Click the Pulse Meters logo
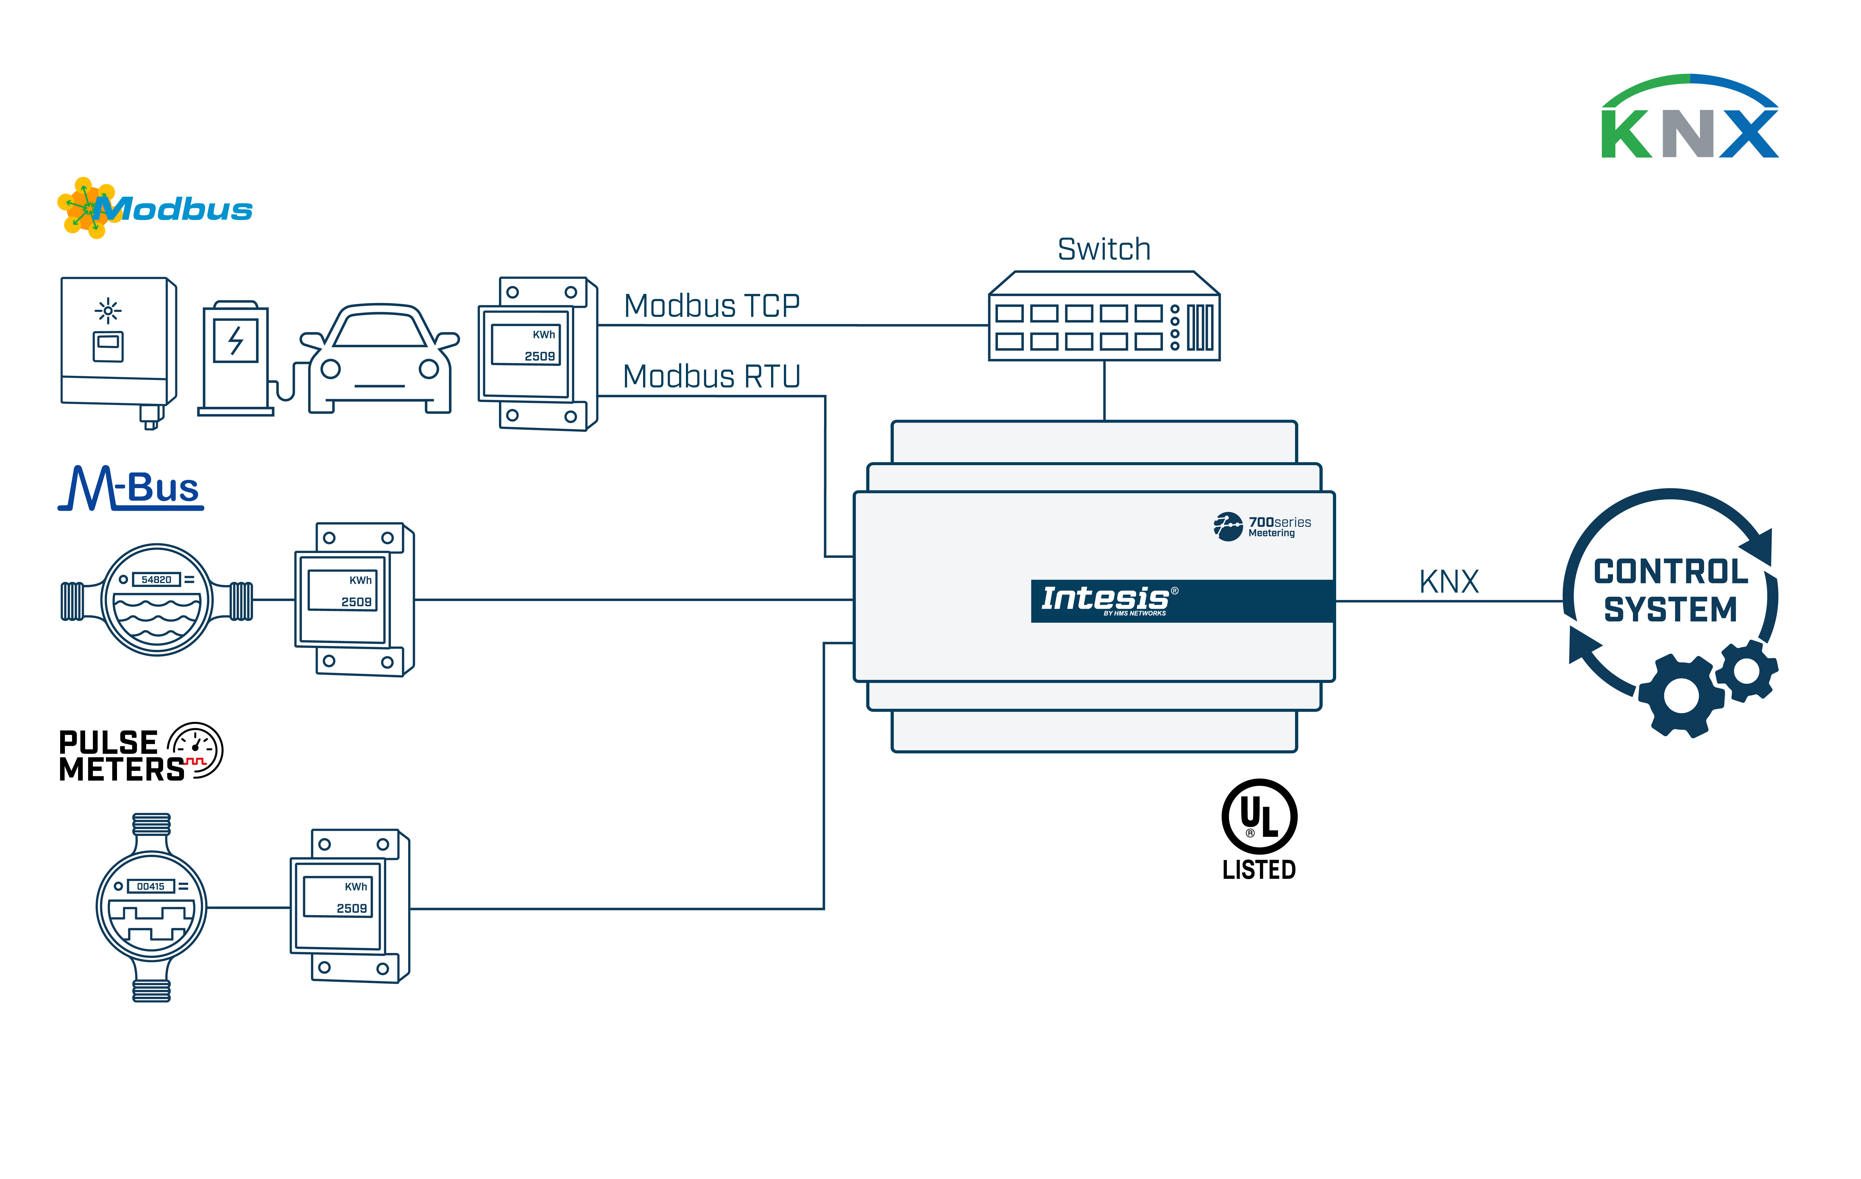pos(141,754)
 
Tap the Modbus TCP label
pos(711,306)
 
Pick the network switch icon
pos(1104,317)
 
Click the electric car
pos(380,359)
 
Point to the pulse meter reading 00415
pos(152,907)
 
